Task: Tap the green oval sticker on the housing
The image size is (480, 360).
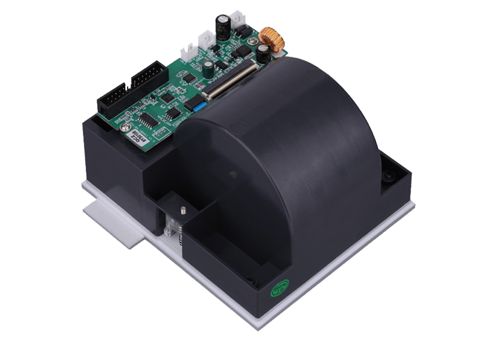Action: (x=281, y=289)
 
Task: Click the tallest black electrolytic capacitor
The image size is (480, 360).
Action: (x=222, y=27)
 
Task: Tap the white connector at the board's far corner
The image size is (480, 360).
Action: (x=239, y=19)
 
